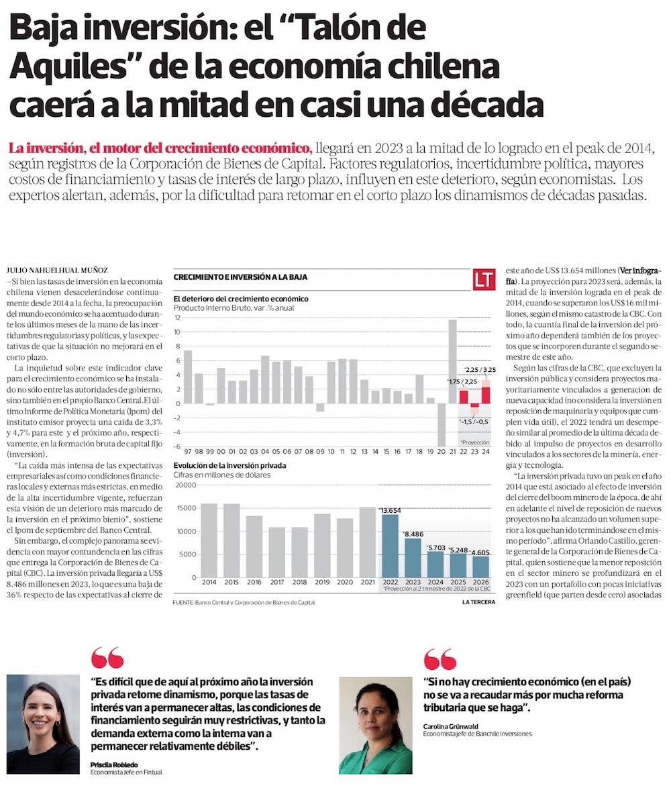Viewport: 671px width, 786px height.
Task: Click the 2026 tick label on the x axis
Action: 480,582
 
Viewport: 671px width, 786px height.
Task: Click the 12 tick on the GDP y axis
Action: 178,317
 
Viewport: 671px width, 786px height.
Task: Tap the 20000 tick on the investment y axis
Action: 185,484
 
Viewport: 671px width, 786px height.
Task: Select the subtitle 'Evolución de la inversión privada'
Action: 230,464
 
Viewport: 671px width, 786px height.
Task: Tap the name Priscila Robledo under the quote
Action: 114,765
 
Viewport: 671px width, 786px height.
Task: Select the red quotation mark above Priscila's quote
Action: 107,658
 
